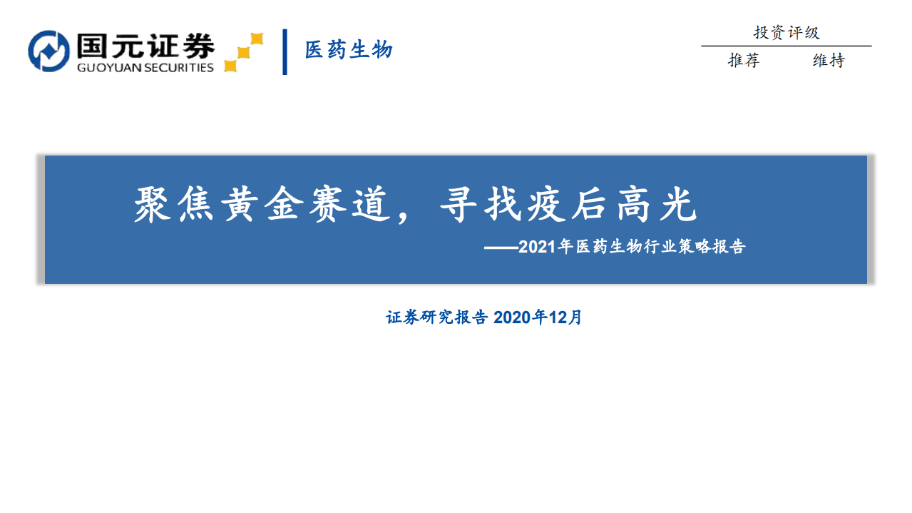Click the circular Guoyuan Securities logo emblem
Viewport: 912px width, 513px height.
(49, 51)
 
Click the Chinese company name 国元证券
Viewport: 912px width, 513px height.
(145, 46)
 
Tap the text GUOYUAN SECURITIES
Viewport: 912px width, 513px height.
(145, 68)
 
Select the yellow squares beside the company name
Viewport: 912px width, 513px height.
(243, 52)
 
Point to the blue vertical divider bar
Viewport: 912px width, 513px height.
(285, 51)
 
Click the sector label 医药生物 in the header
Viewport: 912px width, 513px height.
(349, 50)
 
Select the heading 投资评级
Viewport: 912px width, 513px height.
(787, 32)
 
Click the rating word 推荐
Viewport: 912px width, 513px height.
(744, 61)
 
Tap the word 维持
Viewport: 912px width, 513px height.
(829, 61)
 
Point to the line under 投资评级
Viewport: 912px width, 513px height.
(786, 46)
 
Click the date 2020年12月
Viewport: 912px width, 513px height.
(538, 318)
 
